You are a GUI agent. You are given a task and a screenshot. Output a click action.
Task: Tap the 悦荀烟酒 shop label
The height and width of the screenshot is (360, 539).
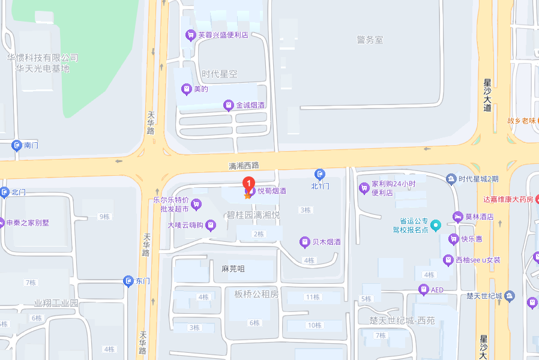tap(272, 191)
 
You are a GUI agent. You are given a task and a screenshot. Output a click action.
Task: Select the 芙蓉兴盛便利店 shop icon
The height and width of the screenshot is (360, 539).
tap(190, 35)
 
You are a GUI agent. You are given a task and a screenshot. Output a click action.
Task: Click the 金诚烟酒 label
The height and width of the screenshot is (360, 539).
tap(250, 106)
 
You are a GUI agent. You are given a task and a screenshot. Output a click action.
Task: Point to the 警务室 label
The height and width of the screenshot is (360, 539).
tap(370, 40)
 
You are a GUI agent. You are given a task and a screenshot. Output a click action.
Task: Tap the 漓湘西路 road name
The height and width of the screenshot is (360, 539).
tap(244, 166)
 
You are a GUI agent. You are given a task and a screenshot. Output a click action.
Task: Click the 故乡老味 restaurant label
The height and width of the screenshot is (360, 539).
tap(521, 120)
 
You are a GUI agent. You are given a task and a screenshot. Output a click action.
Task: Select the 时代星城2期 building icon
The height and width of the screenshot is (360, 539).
tap(451, 179)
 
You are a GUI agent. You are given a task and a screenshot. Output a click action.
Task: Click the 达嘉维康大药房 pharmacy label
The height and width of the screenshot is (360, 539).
tap(508, 199)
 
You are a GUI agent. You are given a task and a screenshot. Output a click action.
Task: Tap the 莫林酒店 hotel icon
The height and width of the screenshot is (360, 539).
tap(458, 217)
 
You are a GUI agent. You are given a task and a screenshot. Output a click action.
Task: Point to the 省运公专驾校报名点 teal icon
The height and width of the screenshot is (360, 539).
tap(436, 225)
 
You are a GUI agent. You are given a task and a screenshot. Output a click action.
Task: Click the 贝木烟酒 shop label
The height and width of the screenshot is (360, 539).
tap(327, 242)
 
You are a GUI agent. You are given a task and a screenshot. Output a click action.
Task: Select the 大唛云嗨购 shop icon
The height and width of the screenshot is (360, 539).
tap(211, 225)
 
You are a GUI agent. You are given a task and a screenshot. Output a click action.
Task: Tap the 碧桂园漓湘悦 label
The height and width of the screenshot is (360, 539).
tap(253, 214)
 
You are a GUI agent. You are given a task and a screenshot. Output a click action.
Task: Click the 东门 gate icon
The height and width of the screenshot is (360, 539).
tap(128, 280)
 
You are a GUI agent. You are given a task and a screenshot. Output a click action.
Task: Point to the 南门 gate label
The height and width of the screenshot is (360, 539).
tap(31, 145)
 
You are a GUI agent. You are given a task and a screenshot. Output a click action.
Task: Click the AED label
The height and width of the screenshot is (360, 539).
tap(438, 290)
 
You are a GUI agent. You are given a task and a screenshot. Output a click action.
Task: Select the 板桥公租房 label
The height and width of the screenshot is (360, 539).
tap(257, 294)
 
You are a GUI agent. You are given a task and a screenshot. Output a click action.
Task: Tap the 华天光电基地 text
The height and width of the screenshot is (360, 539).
tap(43, 68)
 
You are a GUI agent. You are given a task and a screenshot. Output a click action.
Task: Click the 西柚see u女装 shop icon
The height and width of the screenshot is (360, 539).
tap(448, 260)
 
